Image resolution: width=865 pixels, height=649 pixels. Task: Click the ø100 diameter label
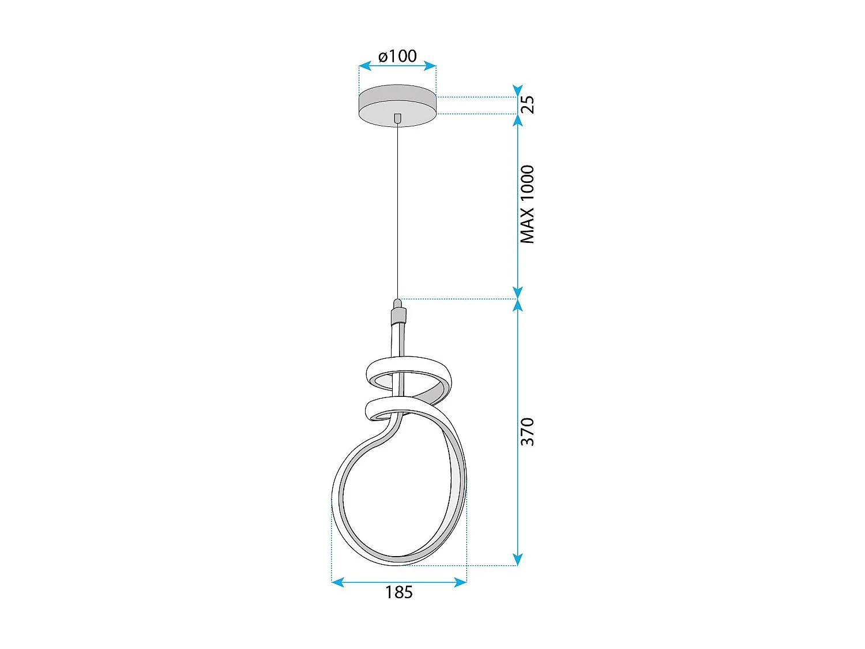(x=397, y=56)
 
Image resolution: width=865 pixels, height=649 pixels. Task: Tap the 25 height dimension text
(x=527, y=104)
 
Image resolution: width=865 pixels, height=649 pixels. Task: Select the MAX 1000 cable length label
(x=527, y=204)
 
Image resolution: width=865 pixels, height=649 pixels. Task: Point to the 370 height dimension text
(x=527, y=432)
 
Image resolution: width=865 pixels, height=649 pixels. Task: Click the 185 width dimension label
(x=398, y=592)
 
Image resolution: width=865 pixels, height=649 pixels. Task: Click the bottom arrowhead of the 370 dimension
(x=517, y=560)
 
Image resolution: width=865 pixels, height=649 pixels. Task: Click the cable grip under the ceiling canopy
(x=397, y=118)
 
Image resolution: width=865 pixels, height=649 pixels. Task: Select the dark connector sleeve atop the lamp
(x=398, y=316)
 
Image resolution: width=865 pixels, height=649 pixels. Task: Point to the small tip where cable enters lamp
(x=397, y=303)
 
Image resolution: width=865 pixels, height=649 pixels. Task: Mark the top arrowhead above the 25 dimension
(x=517, y=91)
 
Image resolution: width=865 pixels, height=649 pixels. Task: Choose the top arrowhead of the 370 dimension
(x=517, y=305)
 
